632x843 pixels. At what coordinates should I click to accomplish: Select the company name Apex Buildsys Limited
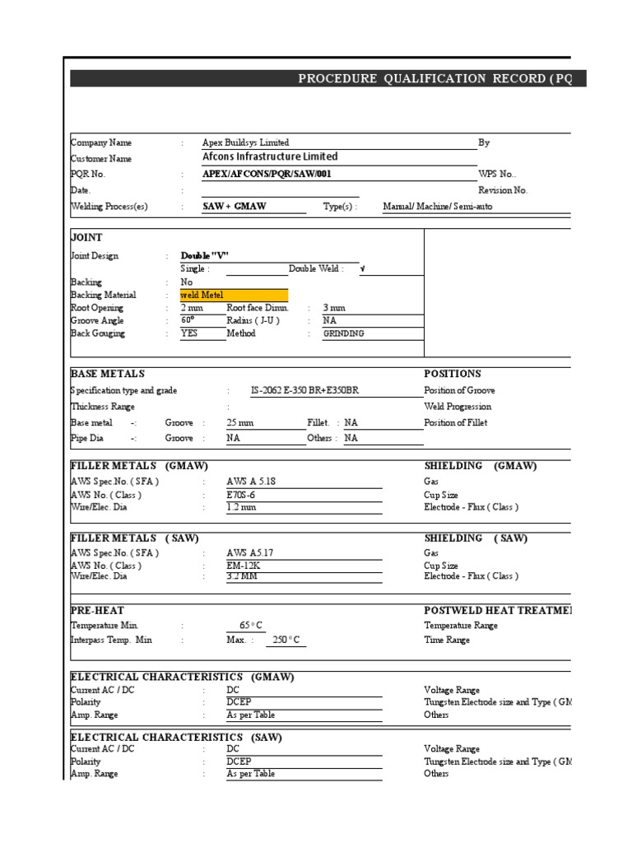pyautogui.click(x=245, y=142)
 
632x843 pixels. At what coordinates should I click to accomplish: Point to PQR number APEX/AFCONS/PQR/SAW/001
pyautogui.click(x=268, y=175)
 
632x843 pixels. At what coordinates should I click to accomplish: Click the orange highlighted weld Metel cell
pyautogui.click(x=234, y=295)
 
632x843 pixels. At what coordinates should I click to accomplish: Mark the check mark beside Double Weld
pyautogui.click(x=363, y=269)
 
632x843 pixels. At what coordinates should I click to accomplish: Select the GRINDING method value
pyautogui.click(x=343, y=334)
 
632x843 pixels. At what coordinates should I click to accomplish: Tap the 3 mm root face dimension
pyautogui.click(x=335, y=307)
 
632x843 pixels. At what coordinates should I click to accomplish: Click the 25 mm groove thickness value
pyautogui.click(x=239, y=422)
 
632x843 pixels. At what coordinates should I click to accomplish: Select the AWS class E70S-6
pyautogui.click(x=241, y=495)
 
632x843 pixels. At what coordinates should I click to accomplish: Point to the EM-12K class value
pyautogui.click(x=240, y=566)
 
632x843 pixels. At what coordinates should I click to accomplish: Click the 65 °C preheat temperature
pyautogui.click(x=250, y=626)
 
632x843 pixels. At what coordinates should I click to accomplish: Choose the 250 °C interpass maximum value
pyautogui.click(x=285, y=640)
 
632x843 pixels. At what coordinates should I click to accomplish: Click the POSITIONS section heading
pyautogui.click(x=452, y=374)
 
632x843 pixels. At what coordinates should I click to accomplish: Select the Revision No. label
pyautogui.click(x=503, y=190)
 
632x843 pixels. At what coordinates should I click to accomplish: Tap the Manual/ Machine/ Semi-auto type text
pyautogui.click(x=437, y=207)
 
